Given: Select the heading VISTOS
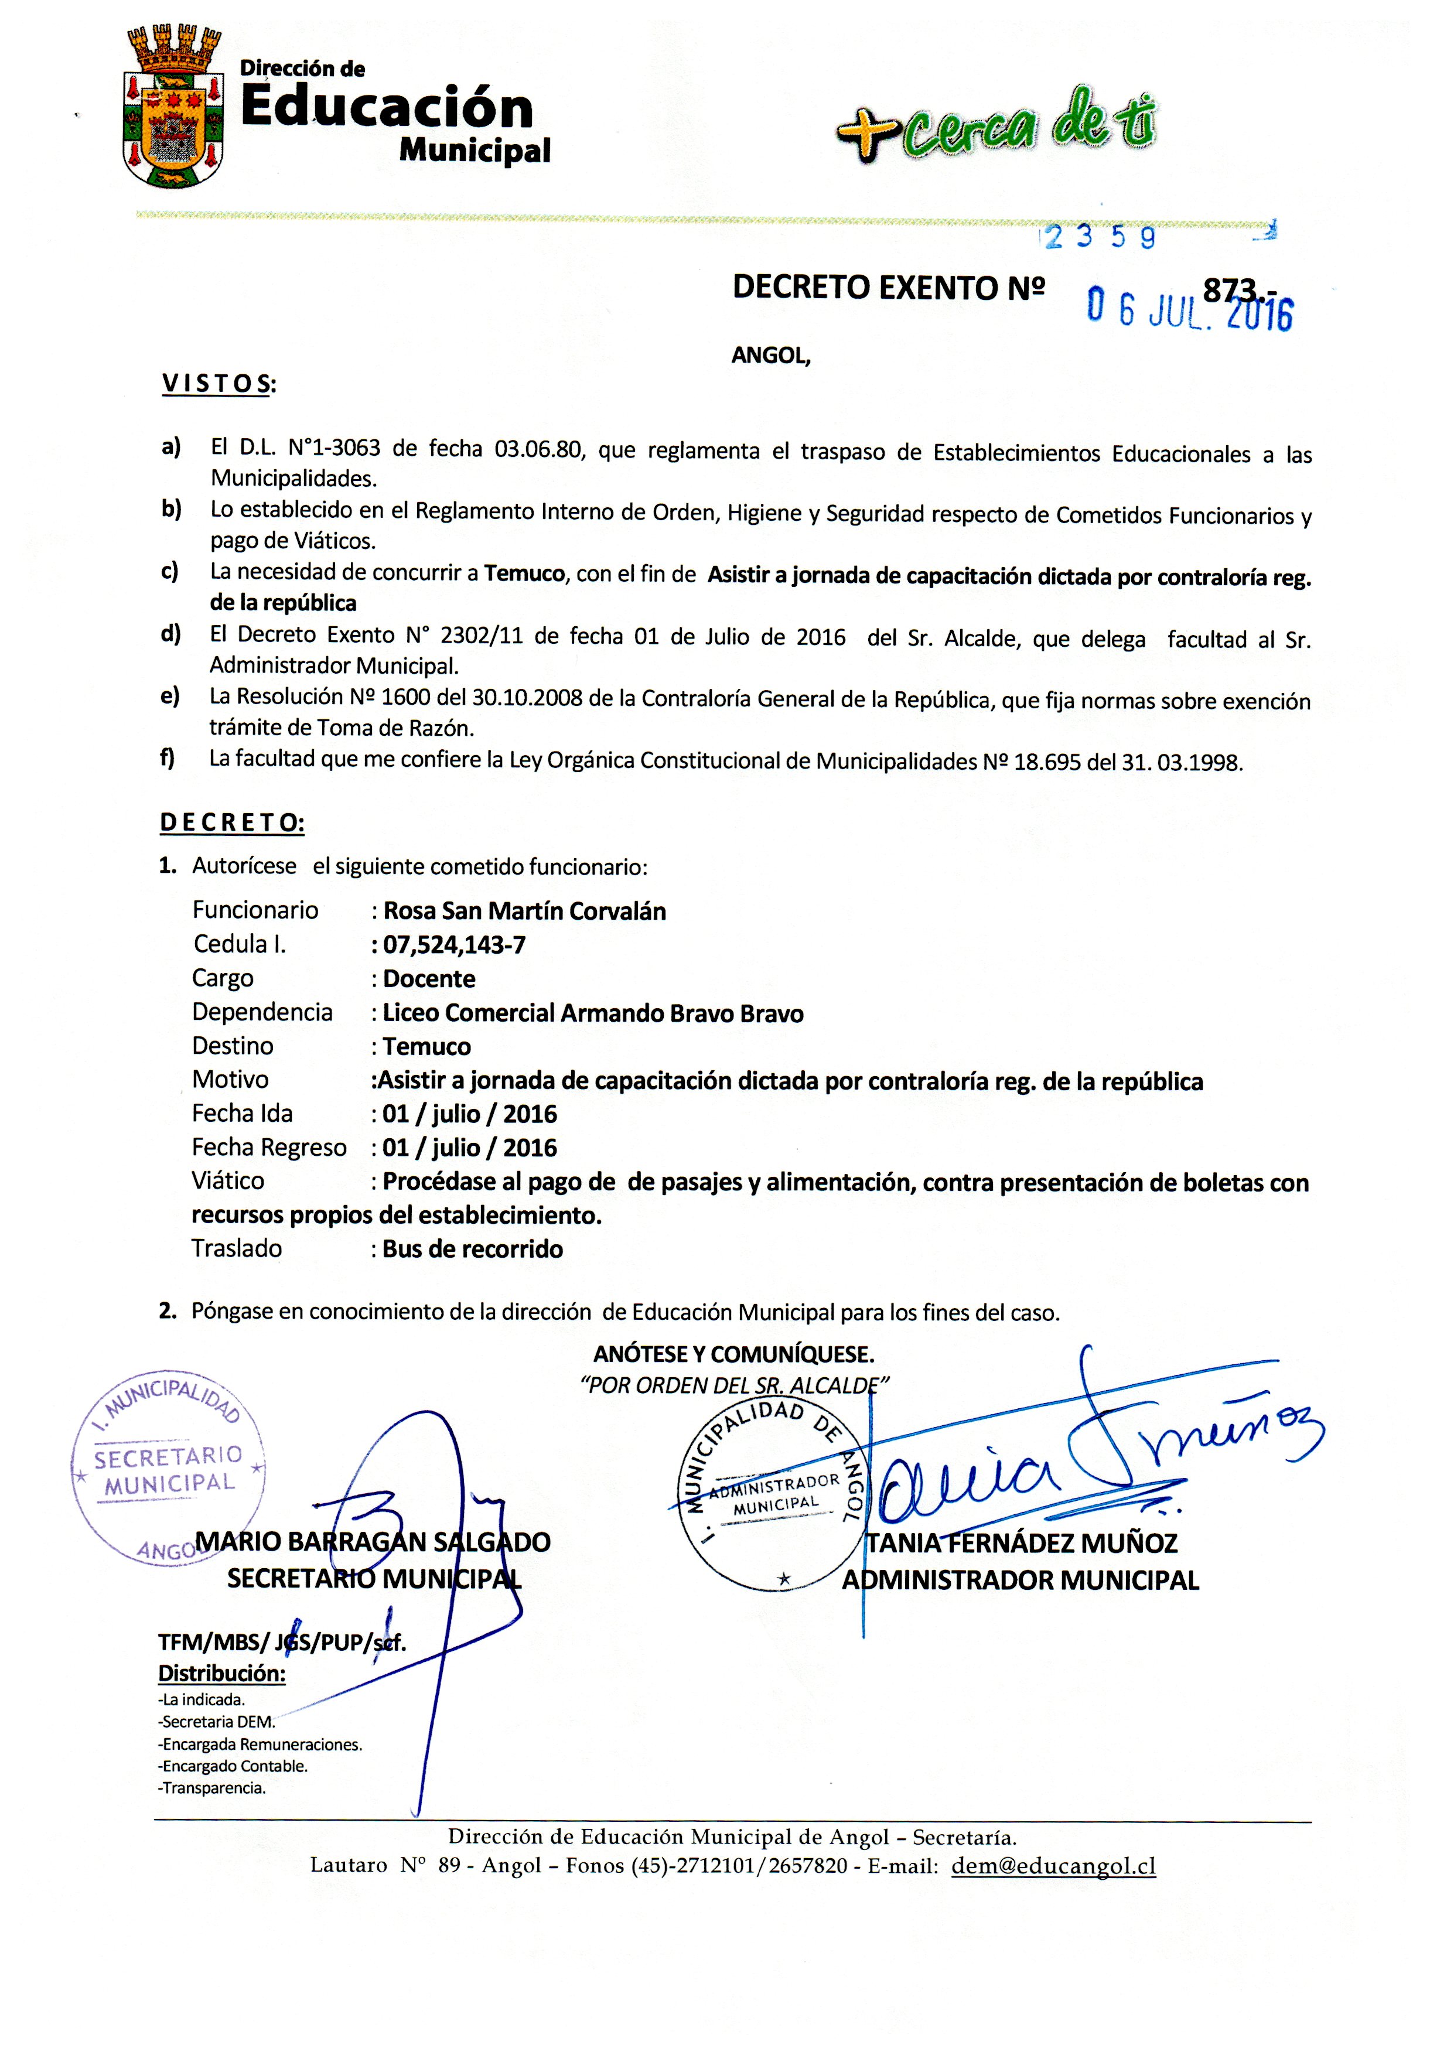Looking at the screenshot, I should (219, 384).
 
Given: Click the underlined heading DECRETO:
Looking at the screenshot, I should (232, 822).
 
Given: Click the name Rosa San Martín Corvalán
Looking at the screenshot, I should (524, 910).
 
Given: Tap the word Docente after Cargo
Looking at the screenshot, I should (429, 978).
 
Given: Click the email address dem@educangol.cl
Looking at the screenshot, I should (1053, 1865).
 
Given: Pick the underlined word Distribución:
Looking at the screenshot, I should (222, 1673).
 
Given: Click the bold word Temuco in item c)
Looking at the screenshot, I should (524, 573).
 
